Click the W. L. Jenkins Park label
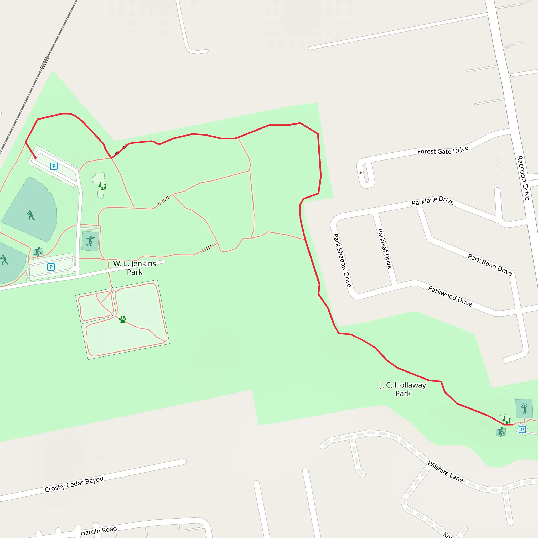click(134, 267)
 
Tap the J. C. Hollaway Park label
click(403, 389)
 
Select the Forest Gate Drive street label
click(442, 151)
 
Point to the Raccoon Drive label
click(523, 178)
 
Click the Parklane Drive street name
click(432, 201)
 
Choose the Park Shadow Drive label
click(342, 260)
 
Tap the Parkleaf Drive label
click(384, 249)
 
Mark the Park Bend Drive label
click(490, 265)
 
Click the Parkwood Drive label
click(450, 296)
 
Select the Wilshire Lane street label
click(445, 472)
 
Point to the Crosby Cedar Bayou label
click(74, 484)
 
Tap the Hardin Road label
click(99, 530)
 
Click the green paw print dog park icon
click(122, 319)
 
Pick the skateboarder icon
click(90, 241)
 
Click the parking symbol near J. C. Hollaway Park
click(522, 430)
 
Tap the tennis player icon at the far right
click(524, 408)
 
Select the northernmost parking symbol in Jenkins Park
click(54, 166)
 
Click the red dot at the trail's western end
click(35, 158)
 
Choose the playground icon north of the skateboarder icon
click(102, 186)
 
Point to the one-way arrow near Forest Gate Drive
click(360, 172)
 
